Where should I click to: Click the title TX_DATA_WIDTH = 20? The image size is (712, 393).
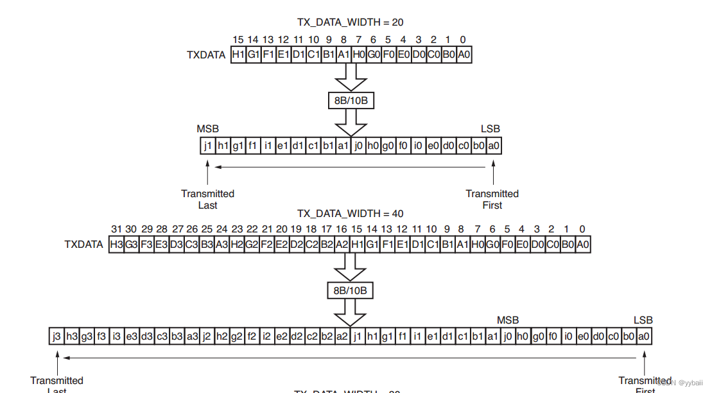point(350,22)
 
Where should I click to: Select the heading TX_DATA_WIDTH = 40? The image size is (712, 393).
point(350,213)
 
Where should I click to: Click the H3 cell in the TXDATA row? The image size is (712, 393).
point(116,245)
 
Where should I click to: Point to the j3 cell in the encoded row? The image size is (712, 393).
point(57,336)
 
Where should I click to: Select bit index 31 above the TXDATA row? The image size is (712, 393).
point(116,229)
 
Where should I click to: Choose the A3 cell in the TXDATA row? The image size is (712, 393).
point(221,245)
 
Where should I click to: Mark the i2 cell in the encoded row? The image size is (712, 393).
point(266,336)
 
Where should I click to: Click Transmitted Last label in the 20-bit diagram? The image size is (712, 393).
point(207,199)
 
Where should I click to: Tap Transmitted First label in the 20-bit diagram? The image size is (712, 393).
point(492,199)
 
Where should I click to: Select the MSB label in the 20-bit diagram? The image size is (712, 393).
point(208,129)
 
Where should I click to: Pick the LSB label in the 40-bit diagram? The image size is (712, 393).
point(643,320)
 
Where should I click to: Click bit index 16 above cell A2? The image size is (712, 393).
point(341,229)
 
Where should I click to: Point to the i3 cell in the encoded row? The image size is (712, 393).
point(116,336)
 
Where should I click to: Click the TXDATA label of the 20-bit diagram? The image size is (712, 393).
point(206,55)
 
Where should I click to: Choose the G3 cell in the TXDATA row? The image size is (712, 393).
point(131,245)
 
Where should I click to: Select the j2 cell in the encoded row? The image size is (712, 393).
point(206,336)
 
